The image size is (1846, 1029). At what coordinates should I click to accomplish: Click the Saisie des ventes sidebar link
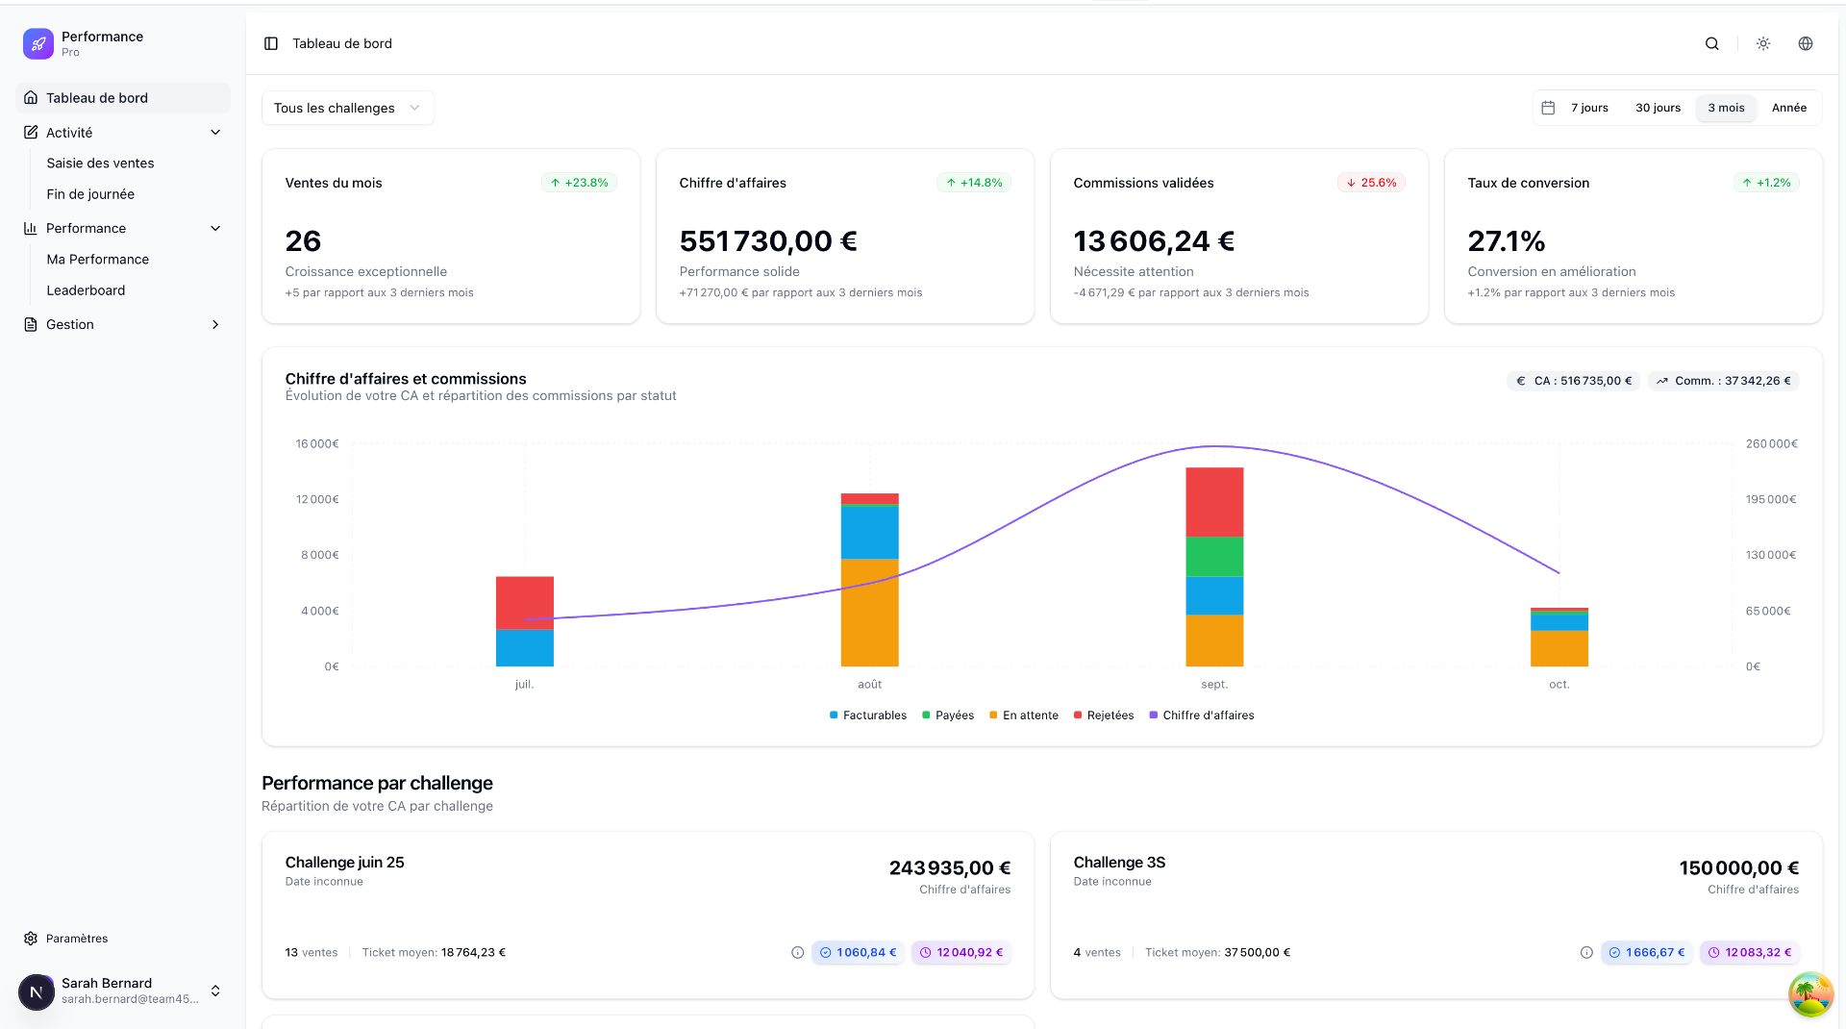(100, 163)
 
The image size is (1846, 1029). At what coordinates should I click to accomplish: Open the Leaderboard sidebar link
(86, 290)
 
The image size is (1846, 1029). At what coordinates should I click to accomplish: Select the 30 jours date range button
(1658, 108)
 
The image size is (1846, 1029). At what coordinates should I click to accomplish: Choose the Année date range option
(1788, 108)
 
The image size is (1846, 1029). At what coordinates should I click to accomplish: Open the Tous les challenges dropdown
(347, 108)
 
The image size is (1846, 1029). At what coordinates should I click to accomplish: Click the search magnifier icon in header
(1711, 43)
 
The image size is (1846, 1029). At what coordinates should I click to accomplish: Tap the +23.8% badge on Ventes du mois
(579, 183)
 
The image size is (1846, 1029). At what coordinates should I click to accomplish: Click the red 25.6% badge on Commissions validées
(1371, 183)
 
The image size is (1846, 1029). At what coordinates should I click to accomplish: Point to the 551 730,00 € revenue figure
(767, 240)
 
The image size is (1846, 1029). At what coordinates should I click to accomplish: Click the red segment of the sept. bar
(1214, 502)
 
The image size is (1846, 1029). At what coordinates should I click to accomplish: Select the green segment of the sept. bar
(1214, 556)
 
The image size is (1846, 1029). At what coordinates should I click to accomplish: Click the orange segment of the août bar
(869, 612)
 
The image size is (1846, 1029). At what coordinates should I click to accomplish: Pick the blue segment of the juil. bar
(524, 647)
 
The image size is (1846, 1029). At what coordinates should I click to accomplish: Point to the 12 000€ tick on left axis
(317, 499)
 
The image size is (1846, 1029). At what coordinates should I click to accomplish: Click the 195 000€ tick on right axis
(1771, 499)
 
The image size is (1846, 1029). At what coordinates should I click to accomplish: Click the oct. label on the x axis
(1559, 685)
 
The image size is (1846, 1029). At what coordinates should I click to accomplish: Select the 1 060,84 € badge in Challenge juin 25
(858, 953)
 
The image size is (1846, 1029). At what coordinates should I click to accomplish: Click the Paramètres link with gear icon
(77, 939)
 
